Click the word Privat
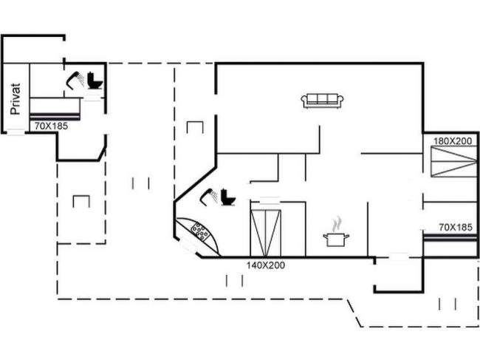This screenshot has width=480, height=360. pos(16,99)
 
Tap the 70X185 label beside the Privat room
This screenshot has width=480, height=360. pos(51,126)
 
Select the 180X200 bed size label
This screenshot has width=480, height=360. pos(453,141)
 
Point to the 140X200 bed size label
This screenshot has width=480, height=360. pos(266,265)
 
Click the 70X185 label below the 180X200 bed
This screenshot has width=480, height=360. pos(456,228)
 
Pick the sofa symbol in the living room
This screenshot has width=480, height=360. pos(323,101)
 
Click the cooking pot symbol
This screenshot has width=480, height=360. pos(336,240)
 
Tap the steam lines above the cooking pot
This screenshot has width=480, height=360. pos(337,224)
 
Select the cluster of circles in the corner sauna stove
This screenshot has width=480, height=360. pos(200,231)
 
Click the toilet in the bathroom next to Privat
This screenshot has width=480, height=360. pos(95,81)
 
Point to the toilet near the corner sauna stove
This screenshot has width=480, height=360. pos(228,197)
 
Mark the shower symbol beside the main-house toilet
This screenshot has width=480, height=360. pos(209,197)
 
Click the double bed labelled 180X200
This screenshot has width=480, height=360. pos(453,161)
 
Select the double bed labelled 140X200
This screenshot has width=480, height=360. pos(266,233)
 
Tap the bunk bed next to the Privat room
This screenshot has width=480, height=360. pos(55,109)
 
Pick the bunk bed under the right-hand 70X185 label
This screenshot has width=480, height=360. pos(450,238)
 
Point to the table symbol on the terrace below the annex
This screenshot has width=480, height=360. pos(81,201)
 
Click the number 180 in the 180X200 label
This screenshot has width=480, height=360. pos(440,141)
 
